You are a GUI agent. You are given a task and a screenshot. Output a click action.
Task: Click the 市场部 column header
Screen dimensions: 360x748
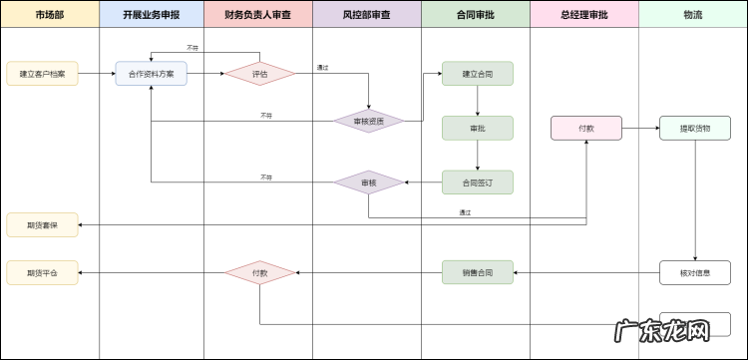click(x=50, y=15)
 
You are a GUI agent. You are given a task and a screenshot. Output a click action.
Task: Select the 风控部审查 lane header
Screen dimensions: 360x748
click(x=367, y=15)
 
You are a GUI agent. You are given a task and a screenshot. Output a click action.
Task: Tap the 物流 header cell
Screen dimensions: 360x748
click(x=692, y=15)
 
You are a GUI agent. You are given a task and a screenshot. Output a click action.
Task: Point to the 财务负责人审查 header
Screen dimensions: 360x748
click(x=258, y=15)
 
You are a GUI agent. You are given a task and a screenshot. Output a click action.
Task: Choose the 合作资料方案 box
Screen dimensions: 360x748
click(x=151, y=74)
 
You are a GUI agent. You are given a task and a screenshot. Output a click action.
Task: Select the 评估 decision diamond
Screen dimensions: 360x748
click(x=259, y=74)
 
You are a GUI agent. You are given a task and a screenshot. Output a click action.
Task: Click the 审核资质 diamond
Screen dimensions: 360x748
click(x=368, y=121)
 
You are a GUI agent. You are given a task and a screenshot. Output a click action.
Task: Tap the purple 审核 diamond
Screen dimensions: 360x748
click(x=368, y=182)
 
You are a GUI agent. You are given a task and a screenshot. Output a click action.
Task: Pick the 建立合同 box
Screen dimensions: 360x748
click(x=478, y=74)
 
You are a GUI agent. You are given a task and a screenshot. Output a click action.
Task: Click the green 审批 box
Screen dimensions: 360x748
click(x=478, y=128)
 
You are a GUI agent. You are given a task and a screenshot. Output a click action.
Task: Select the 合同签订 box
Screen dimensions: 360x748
click(x=478, y=182)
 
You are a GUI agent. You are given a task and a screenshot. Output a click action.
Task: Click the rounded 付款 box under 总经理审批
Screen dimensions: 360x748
click(x=586, y=128)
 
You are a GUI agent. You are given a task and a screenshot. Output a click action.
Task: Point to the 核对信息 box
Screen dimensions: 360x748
click(x=695, y=272)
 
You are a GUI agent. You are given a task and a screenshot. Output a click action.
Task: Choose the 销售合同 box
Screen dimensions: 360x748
click(x=478, y=272)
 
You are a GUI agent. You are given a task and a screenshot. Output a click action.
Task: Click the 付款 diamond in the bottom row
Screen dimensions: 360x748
click(x=259, y=272)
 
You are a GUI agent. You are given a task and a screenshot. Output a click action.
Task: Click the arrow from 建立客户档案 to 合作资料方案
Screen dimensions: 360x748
click(x=96, y=74)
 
